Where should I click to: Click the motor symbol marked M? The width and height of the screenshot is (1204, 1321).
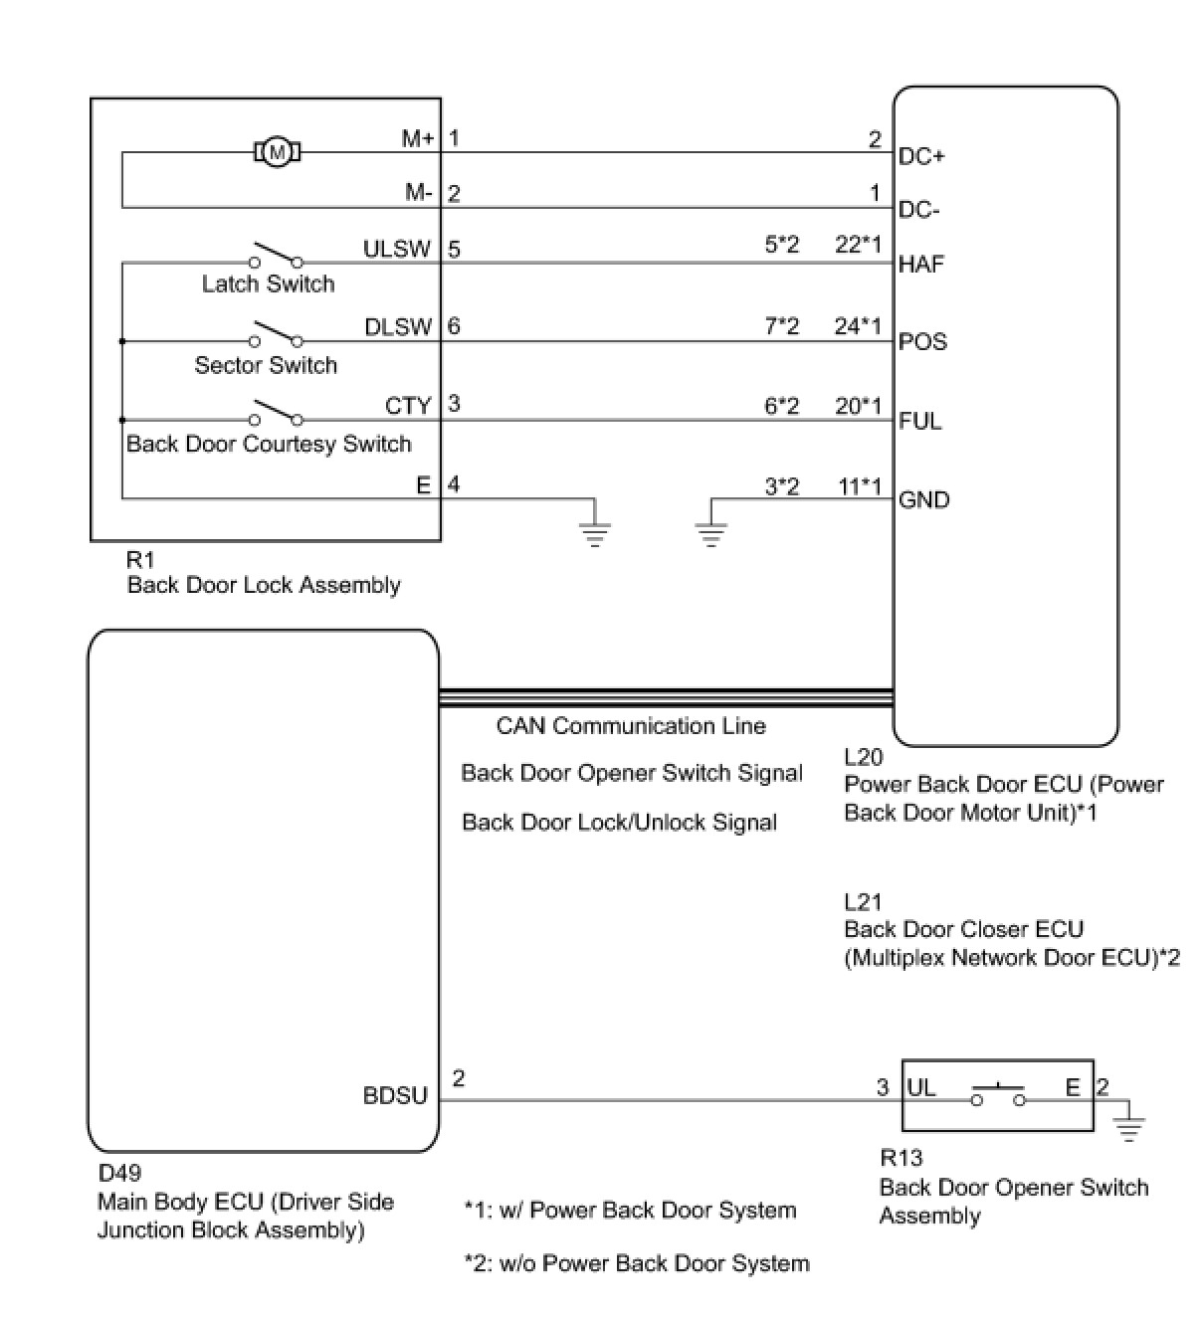point(279,152)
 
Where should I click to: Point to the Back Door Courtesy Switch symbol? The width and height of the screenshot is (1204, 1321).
point(276,413)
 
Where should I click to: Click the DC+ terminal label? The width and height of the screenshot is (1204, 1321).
point(921,157)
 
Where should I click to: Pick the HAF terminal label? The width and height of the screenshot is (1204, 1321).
point(921,265)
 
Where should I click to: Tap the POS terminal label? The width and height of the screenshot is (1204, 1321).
point(922,342)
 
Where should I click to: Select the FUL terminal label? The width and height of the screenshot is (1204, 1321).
point(919,421)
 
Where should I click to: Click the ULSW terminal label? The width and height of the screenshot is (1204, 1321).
point(397,249)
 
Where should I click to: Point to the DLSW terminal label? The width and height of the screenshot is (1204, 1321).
point(398,327)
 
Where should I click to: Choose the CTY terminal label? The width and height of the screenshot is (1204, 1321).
point(408,406)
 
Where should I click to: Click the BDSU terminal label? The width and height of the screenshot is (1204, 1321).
point(395,1096)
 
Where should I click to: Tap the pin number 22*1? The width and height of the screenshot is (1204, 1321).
point(858,245)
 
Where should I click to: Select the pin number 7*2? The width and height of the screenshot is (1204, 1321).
point(781,325)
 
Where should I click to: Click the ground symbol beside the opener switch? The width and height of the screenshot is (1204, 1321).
point(1129,1127)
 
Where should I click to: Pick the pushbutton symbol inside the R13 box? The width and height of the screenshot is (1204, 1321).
point(998,1095)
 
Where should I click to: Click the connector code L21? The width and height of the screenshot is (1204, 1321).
point(863,902)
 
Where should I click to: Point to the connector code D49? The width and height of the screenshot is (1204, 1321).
point(119,1174)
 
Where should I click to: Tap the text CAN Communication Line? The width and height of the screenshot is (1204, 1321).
point(631,726)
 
